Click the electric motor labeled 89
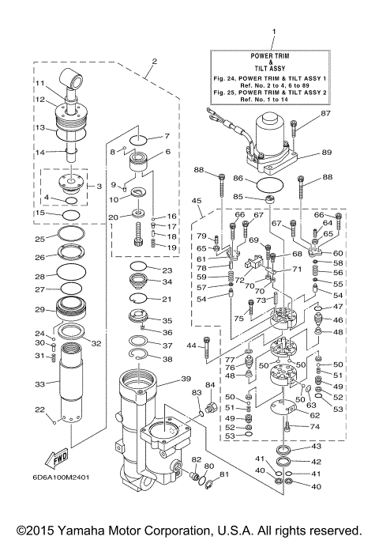pyautogui.click(x=272, y=141)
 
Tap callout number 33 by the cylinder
pyautogui.click(x=39, y=384)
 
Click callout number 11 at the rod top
pyautogui.click(x=39, y=83)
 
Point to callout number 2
pyautogui.click(x=155, y=61)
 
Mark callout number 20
pyautogui.click(x=114, y=217)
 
